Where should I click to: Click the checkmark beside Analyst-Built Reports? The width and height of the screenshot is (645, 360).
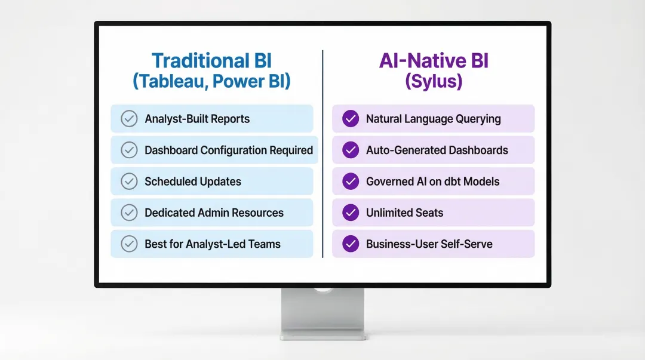129,119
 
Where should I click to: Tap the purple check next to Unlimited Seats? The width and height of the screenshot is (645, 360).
351,213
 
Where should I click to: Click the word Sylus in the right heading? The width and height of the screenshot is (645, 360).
434,81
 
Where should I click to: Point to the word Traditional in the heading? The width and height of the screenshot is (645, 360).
191,61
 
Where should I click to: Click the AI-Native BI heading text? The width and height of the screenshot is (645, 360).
434,61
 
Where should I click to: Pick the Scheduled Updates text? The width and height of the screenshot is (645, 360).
193,181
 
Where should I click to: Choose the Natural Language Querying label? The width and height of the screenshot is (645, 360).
433,119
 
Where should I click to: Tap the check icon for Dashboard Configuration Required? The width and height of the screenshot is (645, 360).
129,150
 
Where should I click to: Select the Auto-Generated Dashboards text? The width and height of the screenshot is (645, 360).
437,150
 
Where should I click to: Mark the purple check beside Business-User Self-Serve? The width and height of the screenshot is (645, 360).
351,244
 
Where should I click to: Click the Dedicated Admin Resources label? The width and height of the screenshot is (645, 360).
214,213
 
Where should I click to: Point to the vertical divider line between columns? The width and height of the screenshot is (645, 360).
322,155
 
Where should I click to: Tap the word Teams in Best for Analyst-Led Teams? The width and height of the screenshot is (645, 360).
265,244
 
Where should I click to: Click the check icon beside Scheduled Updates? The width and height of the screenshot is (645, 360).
129,181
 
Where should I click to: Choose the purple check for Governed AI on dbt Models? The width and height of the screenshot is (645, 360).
351,181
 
